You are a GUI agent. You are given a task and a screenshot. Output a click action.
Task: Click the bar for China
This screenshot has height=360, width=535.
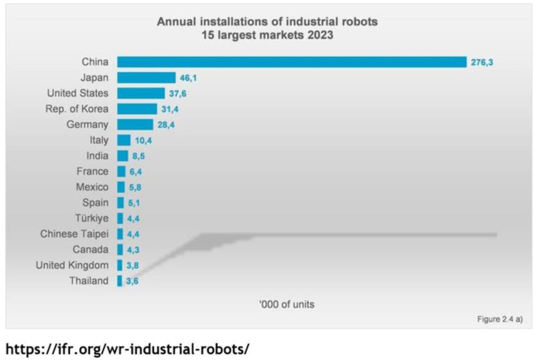(291, 62)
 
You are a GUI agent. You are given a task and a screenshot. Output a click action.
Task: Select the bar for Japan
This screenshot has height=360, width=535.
(146, 78)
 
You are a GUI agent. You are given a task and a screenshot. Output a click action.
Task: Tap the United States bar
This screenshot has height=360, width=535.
(141, 93)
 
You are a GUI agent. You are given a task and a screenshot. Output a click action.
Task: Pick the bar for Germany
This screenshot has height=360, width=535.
(135, 125)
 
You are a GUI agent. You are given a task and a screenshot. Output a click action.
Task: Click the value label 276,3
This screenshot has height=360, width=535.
(482, 63)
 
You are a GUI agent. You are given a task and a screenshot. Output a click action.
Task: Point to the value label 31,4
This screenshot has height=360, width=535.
(170, 109)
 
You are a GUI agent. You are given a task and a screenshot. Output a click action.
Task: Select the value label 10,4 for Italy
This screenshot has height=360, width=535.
(143, 140)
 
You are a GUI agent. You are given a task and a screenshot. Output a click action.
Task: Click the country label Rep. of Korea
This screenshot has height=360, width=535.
(77, 108)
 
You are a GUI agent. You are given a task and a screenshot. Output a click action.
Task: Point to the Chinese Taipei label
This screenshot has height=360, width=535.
(74, 234)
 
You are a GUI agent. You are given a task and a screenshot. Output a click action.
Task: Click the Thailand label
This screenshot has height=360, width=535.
(89, 281)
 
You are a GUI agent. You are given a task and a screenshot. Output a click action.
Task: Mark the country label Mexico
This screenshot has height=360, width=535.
(92, 187)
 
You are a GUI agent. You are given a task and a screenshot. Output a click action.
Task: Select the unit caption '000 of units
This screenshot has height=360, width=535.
(287, 304)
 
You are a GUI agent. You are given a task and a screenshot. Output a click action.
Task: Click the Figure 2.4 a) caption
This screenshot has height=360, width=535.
(499, 319)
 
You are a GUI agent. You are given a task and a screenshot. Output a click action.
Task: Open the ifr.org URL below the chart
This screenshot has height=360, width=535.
(128, 349)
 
